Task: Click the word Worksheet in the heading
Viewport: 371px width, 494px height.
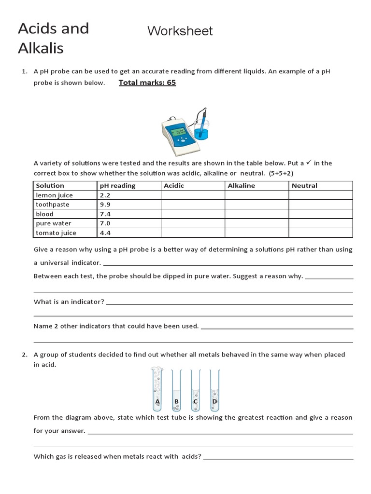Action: pos(180,31)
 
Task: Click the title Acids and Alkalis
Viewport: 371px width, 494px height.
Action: pos(53,38)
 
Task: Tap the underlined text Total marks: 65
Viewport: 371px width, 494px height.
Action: pos(147,82)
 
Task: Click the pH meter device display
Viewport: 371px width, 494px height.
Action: pos(180,132)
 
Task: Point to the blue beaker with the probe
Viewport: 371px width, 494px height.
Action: pos(201,129)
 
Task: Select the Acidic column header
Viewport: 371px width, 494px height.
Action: pos(174,186)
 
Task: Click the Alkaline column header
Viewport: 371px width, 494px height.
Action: pos(241,186)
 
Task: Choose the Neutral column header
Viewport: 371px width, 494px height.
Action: pos(304,186)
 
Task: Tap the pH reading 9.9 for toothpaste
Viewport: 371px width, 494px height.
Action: pos(105,205)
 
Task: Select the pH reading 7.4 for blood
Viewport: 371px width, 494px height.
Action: pos(105,214)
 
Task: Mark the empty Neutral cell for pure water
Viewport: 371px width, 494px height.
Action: pos(320,223)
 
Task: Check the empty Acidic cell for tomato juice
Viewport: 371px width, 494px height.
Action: pos(192,233)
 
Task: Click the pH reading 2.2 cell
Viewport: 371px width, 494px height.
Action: pos(105,195)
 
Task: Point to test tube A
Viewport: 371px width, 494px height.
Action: pos(157,388)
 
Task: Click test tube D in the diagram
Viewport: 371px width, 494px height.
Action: pos(214,388)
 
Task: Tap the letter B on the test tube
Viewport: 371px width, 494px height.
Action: pos(176,401)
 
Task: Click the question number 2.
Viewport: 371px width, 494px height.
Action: pos(24,355)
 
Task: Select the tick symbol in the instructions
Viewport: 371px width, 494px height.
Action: pos(309,163)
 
